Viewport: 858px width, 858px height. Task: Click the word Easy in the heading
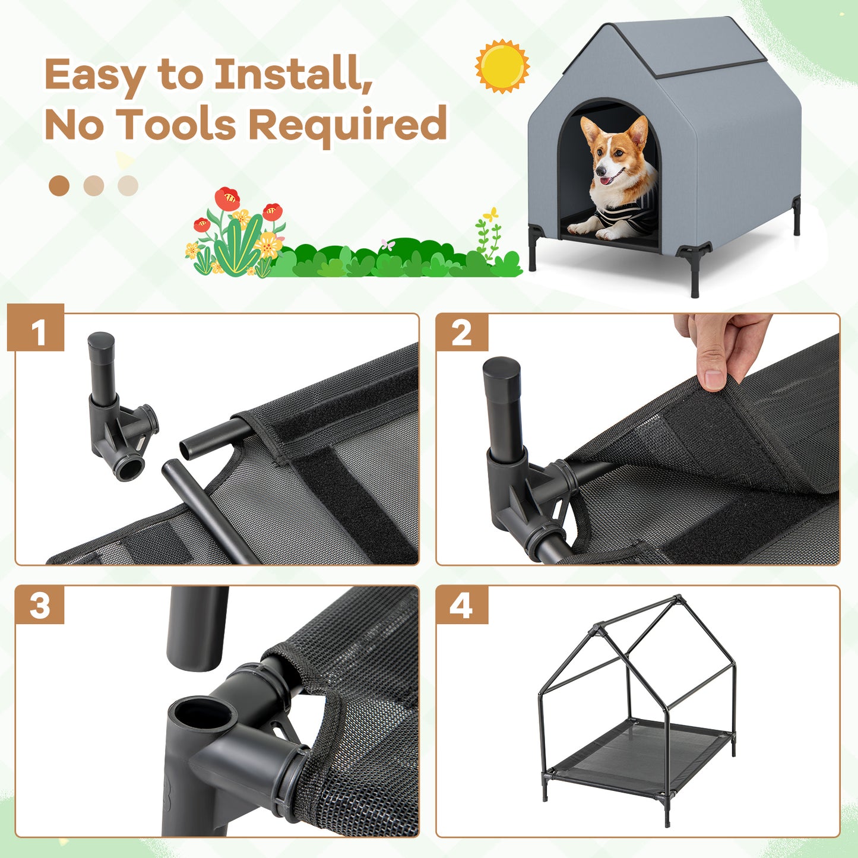tap(95, 75)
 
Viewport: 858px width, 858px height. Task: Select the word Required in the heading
tap(347, 125)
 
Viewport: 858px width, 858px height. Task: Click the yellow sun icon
tap(502, 66)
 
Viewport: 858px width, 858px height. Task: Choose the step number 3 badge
tap(39, 605)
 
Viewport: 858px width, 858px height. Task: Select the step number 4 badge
tap(461, 605)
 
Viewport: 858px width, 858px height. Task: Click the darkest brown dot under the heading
tap(59, 186)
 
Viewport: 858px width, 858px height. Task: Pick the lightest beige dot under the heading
tap(128, 186)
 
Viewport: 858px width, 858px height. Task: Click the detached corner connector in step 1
tap(119, 416)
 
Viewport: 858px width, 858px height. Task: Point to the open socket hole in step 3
tap(199, 713)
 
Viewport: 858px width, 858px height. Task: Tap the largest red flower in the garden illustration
tap(227, 198)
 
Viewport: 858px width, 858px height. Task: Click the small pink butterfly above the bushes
tap(388, 244)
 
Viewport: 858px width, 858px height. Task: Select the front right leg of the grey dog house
tap(695, 273)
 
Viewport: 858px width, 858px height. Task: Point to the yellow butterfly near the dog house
tap(490, 214)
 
